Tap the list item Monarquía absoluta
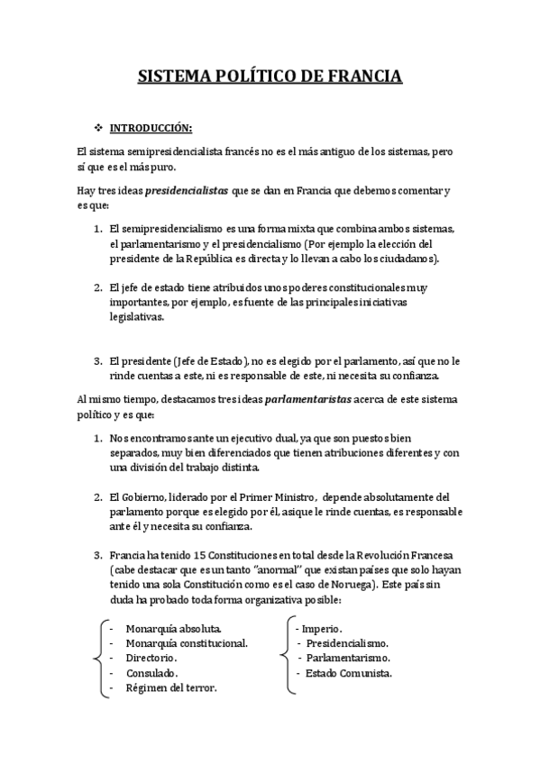point(173,627)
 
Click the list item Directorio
point(151,658)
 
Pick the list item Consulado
point(151,673)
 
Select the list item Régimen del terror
point(171,688)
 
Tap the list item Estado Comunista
point(348,673)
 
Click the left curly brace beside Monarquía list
point(97,658)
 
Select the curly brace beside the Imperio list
point(288,658)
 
